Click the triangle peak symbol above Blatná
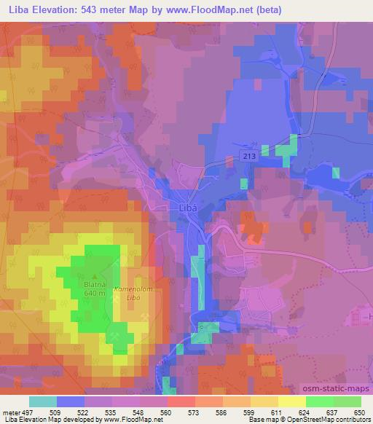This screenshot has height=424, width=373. [94, 276]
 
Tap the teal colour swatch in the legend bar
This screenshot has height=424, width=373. [43, 401]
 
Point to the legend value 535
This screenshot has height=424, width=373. [112, 411]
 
